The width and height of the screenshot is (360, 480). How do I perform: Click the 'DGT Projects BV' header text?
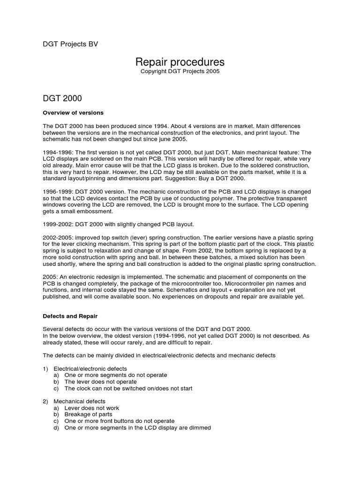coord(70,44)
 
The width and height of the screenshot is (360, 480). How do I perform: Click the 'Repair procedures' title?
coord(180,62)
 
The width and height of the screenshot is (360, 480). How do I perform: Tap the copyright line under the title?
coord(180,72)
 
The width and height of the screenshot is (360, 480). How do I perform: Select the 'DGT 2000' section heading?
coord(62,98)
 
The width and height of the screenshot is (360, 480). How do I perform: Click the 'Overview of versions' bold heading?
coord(73,113)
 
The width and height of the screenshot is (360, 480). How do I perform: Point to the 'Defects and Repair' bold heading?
coord(70,316)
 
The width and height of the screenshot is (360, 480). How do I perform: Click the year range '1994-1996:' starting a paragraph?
coord(58,153)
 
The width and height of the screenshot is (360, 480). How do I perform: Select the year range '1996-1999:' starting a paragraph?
coord(58,192)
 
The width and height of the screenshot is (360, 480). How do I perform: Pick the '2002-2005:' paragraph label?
coord(58,238)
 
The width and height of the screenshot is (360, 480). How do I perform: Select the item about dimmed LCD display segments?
coord(137,427)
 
